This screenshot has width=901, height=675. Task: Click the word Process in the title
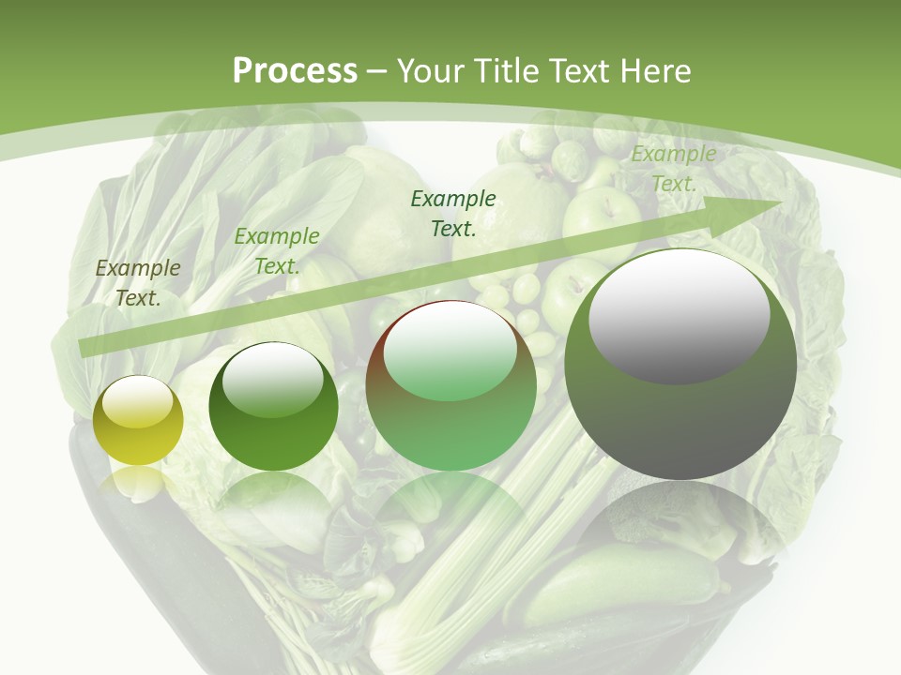(295, 71)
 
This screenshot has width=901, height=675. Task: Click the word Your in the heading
(431, 71)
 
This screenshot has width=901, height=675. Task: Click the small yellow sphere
(138, 421)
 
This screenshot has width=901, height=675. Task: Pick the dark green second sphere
(273, 407)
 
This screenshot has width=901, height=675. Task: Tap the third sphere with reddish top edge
(450, 386)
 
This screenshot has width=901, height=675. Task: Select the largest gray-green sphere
(680, 365)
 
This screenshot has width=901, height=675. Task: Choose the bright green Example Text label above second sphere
(277, 251)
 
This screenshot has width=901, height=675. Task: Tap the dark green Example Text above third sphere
(453, 213)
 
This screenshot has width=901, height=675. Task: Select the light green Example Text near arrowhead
(673, 169)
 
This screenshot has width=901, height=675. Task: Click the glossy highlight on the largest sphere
(679, 319)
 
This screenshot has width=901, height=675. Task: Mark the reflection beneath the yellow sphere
(137, 483)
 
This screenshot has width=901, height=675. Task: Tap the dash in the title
(377, 71)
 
